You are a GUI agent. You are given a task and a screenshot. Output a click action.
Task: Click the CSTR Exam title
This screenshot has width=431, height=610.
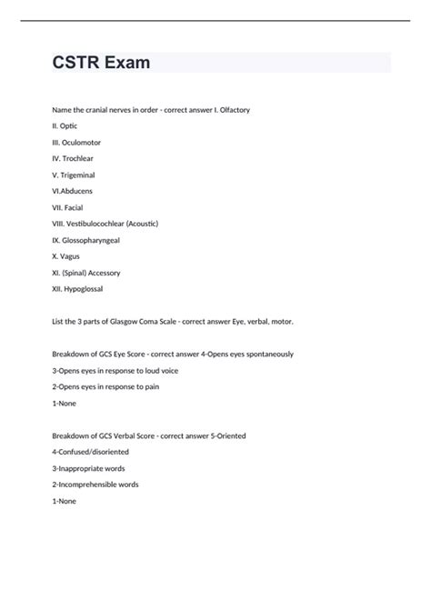click(x=102, y=63)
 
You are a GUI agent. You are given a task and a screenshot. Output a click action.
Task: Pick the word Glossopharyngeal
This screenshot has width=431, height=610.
click(x=97, y=240)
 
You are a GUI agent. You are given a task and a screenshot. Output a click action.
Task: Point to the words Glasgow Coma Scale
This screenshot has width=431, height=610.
click(x=151, y=321)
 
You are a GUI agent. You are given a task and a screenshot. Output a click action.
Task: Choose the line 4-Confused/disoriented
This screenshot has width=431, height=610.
click(x=91, y=452)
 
